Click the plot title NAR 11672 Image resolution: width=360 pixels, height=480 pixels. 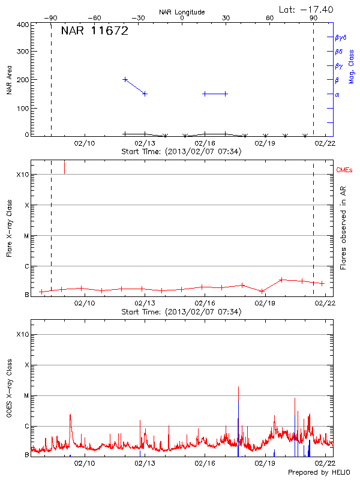pos(95,31)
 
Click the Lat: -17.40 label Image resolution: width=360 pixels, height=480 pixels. pos(307,9)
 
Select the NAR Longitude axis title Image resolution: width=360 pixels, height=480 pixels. pos(182,12)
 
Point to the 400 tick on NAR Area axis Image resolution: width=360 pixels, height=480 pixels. pos(23,25)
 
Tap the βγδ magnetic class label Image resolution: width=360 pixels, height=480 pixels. pos(341,37)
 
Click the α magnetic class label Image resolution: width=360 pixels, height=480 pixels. pos(337,94)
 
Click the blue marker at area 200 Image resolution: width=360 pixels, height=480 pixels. pos(125,79)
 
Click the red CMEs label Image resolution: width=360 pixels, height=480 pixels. pos(345,171)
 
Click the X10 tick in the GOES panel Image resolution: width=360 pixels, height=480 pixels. pos(22,334)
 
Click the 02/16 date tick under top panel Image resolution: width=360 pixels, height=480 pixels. pos(205,143)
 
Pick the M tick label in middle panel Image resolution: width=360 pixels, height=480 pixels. pos(26,235)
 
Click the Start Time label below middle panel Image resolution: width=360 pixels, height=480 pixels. pos(181,312)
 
